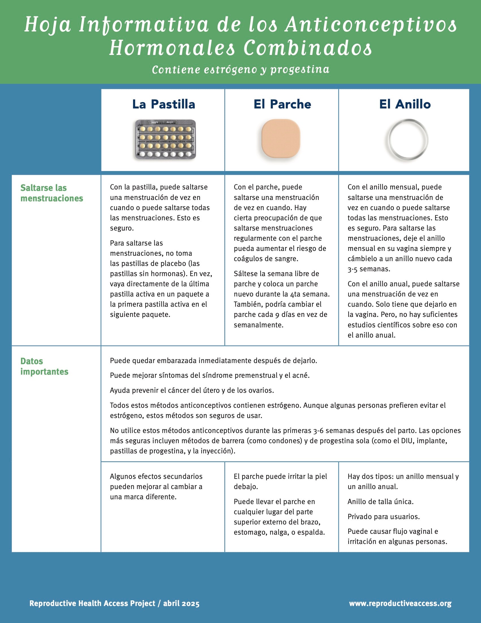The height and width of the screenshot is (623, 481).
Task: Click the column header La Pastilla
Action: coord(164,104)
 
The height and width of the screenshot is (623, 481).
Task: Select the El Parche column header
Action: coord(282,104)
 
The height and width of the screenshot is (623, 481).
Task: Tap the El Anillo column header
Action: coord(405,104)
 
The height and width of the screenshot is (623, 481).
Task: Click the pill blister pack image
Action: coord(165,140)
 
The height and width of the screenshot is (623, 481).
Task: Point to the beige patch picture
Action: coord(281,139)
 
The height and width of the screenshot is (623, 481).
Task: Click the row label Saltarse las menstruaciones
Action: coord(51,193)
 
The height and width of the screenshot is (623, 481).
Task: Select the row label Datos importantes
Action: coord(44,366)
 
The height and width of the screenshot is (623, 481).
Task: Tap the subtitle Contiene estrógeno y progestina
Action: coord(240,69)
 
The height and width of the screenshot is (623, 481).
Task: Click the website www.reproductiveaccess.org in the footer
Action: coord(400,603)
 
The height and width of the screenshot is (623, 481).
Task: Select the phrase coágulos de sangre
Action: coord(266,259)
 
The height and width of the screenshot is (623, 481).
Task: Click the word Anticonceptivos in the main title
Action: coord(371,25)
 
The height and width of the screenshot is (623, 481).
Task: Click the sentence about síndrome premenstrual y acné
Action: coord(210,375)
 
